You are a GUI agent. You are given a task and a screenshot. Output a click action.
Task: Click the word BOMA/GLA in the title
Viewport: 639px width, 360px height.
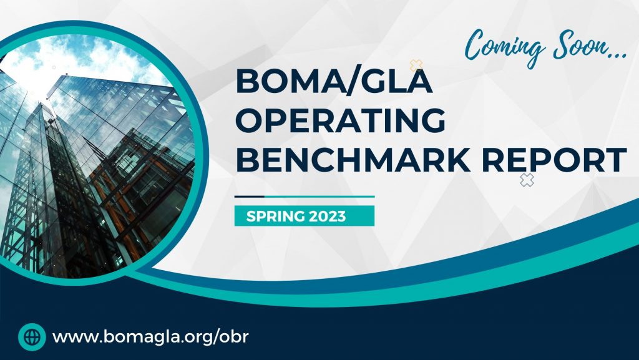pos(333,82)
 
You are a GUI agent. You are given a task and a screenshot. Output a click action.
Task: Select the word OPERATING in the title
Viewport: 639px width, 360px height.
pos(341,120)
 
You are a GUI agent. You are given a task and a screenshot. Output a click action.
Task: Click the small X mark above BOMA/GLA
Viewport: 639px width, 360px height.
pos(416,65)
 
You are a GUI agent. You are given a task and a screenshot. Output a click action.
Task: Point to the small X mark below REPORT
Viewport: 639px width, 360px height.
pos(527,181)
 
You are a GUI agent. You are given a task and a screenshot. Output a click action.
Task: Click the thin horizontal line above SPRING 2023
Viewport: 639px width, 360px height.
pos(304,197)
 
